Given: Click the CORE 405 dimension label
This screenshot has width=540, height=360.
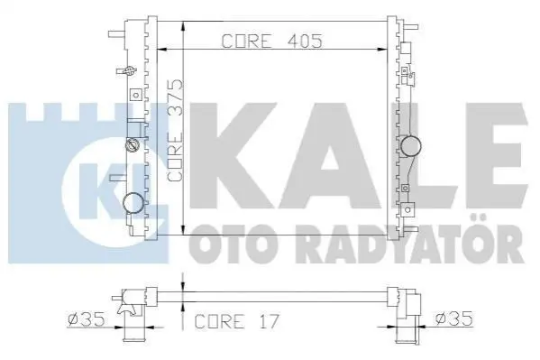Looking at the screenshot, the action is (271, 41).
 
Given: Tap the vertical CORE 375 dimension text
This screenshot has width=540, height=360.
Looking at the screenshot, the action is (176, 131).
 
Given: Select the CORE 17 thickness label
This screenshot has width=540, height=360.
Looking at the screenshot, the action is (236, 321).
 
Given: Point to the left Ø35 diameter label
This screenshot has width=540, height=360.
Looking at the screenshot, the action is (87, 319).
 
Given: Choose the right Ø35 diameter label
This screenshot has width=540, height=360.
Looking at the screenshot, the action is (453, 318).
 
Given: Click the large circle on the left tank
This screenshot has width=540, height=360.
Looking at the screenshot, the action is (133, 203).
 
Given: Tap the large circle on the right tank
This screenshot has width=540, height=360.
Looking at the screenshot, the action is (410, 146).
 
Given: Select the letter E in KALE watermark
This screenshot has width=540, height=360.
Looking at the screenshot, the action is (496, 156).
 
